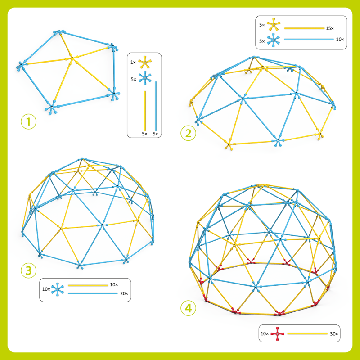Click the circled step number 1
(29, 122)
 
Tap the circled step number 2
(188, 133)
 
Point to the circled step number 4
(188, 308)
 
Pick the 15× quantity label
(329, 28)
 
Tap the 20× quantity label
(124, 294)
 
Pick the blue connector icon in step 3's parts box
(58, 289)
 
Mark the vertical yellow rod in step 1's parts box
(145, 110)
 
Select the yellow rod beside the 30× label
(307, 333)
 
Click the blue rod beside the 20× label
(93, 294)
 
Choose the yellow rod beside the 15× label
(304, 28)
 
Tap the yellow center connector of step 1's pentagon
(71, 58)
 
